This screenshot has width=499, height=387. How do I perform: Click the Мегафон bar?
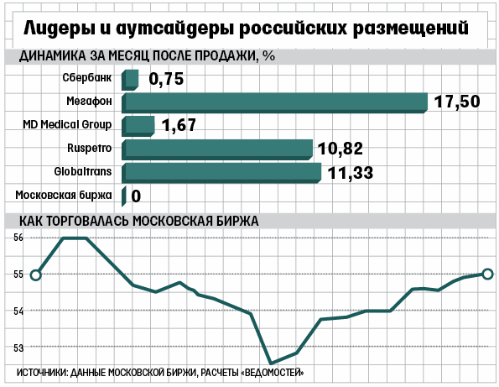(274, 103)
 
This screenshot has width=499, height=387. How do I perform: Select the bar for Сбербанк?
(130, 80)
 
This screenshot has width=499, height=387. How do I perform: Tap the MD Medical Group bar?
(138, 127)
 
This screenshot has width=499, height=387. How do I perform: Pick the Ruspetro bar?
(217, 149)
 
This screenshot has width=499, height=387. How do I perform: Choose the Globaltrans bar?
(221, 173)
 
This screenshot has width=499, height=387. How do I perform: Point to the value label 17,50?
(457, 102)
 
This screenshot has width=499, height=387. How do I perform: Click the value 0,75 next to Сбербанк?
(166, 79)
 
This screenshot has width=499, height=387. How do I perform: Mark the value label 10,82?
(340, 149)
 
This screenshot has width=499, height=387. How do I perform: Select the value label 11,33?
(350, 173)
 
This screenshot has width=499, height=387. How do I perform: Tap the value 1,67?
(179, 125)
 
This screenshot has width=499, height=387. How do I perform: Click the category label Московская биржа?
(64, 195)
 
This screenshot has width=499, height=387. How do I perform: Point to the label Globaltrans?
(83, 172)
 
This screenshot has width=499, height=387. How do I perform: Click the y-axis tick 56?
(18, 238)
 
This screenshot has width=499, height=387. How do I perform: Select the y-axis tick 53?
(18, 348)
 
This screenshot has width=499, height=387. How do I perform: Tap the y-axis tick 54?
(18, 311)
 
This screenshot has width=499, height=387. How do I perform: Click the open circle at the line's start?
(35, 275)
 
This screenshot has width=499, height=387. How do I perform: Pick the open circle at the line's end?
(487, 274)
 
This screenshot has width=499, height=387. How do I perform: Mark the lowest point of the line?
(271, 363)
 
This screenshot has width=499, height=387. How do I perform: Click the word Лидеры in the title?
(60, 28)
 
